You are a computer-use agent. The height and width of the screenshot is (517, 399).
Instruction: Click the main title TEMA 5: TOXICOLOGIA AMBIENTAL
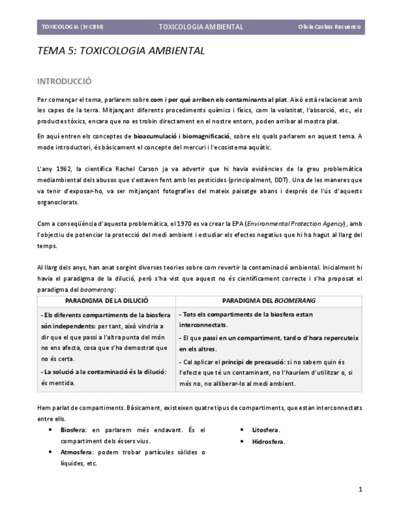coord(121,51)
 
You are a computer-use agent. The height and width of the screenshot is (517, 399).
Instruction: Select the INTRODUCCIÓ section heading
coord(65,81)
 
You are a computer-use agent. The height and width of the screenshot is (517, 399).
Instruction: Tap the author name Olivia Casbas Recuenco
coord(329,27)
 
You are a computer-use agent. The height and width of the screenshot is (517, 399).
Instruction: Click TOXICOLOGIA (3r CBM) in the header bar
coord(72,27)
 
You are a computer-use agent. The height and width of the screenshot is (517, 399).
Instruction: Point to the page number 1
coord(360,489)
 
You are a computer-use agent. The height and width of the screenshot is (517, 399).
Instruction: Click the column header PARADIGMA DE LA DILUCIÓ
coord(107,301)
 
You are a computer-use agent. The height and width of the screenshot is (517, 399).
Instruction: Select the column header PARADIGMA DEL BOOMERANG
coord(269,301)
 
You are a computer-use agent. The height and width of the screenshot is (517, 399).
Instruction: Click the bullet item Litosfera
coord(266,430)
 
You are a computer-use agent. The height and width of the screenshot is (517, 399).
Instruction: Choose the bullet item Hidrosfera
coord(269,441)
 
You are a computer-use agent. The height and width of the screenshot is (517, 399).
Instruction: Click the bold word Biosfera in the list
coord(73,430)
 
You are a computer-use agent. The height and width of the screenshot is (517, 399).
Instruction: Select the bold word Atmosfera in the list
coord(76,452)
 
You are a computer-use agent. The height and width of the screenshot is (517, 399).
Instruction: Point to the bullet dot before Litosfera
coord(242,430)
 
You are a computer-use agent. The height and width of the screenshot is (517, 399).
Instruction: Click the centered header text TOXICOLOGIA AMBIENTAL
coord(200,27)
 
